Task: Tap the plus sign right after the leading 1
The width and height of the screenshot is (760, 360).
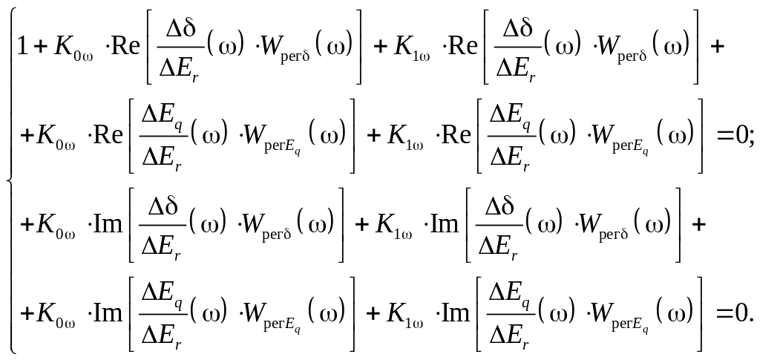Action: (41, 47)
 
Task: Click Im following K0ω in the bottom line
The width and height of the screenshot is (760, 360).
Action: (108, 312)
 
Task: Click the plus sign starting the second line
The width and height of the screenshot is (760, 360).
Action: (27, 136)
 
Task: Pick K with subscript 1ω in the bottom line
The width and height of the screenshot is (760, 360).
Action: (404, 315)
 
